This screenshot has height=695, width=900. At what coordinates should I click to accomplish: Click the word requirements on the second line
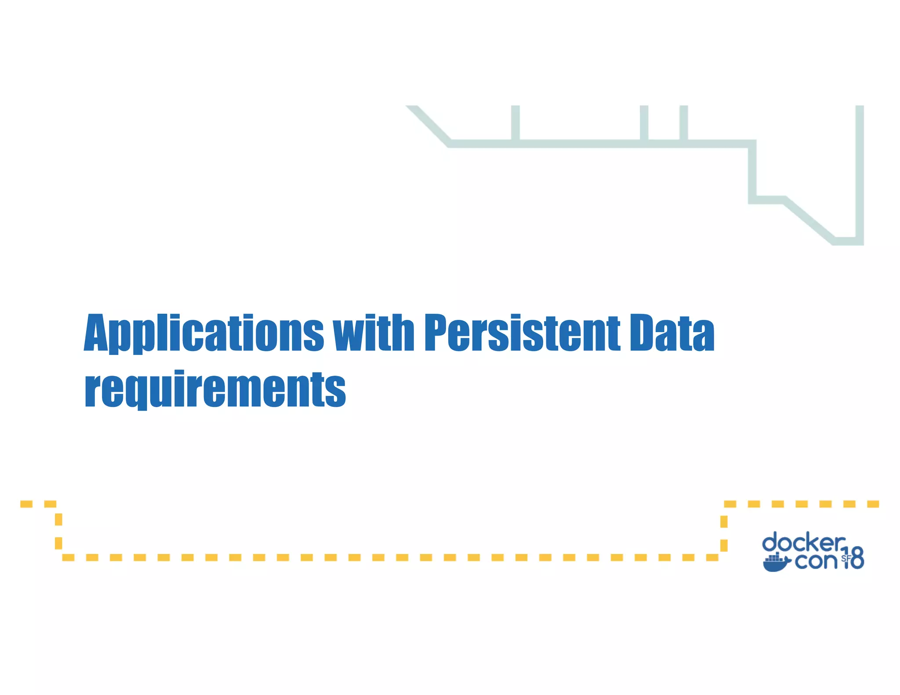pos(215,389)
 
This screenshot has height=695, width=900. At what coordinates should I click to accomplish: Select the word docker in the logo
pos(803,543)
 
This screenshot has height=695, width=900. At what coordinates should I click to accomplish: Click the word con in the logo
pos(816,561)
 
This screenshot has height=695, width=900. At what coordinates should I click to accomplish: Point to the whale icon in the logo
pos(776,563)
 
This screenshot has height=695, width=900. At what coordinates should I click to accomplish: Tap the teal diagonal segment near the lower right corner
pos(809,220)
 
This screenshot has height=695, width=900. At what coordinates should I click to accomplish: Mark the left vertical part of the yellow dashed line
pos(58,532)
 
